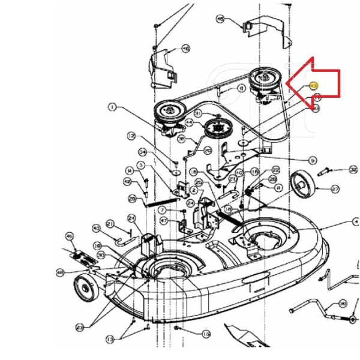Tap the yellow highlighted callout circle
coord(314,86)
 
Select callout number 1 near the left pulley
coord(112,107)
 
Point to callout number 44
coord(189,122)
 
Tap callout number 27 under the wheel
coord(335,188)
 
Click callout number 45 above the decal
coord(69,236)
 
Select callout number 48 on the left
coord(60,272)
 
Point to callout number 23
coord(80,327)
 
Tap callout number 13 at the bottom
coord(110,340)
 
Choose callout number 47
coord(164,221)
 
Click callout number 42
coord(127,181)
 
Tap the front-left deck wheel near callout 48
coord(86,290)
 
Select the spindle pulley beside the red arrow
coord(263,79)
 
